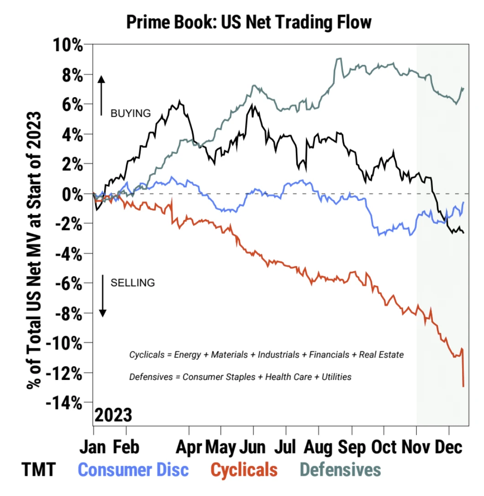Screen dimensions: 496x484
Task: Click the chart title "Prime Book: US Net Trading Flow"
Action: [249, 21]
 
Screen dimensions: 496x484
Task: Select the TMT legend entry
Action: [38, 469]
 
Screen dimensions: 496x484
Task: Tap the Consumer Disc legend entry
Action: [133, 469]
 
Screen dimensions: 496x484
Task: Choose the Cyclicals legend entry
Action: [244, 469]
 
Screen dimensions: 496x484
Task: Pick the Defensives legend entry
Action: [341, 469]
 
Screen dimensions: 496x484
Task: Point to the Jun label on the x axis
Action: [253, 447]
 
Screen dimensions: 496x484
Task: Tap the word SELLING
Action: [133, 283]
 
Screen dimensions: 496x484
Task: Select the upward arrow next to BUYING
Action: [102, 95]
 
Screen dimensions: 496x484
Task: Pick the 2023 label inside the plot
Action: [113, 416]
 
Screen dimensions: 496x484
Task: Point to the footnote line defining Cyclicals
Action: [266, 355]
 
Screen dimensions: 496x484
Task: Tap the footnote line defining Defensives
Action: [240, 377]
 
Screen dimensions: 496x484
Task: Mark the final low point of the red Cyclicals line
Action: [463, 386]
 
